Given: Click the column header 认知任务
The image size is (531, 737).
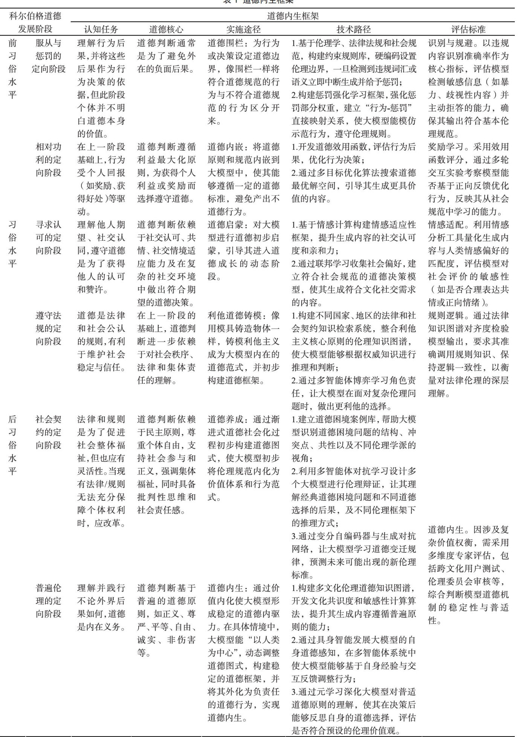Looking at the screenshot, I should (101, 29).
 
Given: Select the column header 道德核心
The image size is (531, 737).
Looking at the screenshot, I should (166, 29).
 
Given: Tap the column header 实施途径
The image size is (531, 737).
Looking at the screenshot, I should (243, 29).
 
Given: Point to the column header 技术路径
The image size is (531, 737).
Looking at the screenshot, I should (354, 29).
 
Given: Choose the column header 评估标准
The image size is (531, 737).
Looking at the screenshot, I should (468, 29).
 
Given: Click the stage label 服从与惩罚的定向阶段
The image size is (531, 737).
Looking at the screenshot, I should (49, 56).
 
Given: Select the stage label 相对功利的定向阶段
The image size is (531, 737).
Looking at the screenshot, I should (49, 160).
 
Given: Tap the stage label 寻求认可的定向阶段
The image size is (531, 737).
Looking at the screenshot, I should (49, 238).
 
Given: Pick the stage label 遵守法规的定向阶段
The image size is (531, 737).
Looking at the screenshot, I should (49, 328).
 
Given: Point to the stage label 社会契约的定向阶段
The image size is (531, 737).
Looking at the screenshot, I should (49, 432).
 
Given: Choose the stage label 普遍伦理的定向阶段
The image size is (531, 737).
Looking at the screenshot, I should (49, 601).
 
